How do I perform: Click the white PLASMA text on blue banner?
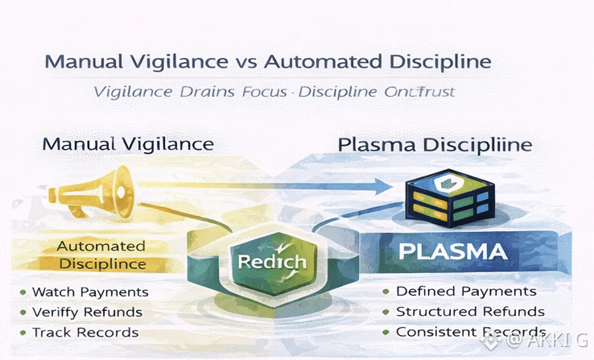pos(453,251)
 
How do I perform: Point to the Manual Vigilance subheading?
pos(127,145)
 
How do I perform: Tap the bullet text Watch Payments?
pos(89,291)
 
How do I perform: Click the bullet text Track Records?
pos(85,332)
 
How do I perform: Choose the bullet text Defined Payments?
pos(466,291)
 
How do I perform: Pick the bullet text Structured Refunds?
pos(470,312)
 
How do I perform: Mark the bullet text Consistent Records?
pos(471,332)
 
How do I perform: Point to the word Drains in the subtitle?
pos(207,92)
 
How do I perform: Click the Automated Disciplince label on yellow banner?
pos(101,254)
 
